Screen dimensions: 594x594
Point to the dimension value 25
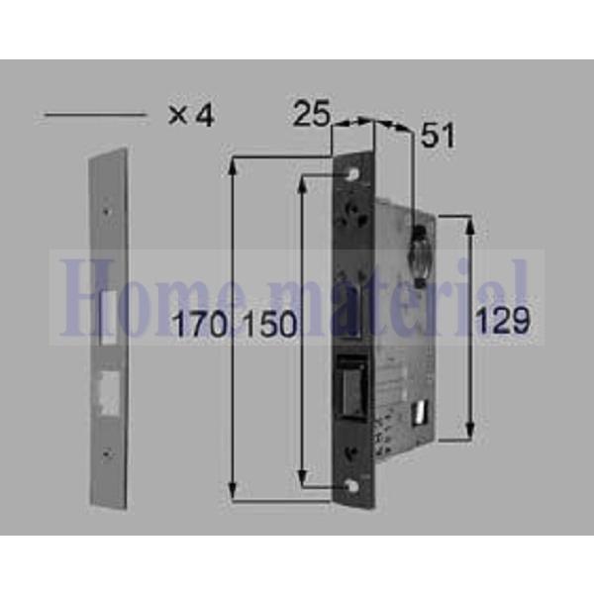click(311, 115)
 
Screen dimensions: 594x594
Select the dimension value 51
click(437, 136)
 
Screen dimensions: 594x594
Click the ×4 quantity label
click(190, 115)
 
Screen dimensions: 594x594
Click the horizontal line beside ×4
click(94, 116)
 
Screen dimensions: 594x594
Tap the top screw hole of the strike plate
click(108, 209)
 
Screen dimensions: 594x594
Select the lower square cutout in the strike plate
click(107, 393)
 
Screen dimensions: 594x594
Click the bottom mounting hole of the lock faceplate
click(353, 485)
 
